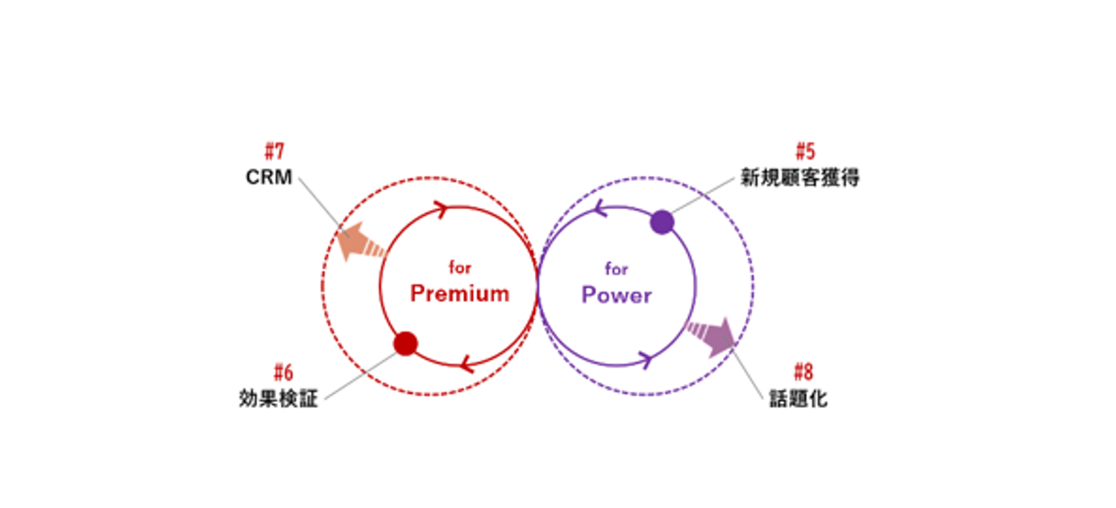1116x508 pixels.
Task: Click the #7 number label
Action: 274,151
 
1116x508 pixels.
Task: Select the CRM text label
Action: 268,177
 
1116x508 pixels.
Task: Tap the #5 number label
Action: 805,151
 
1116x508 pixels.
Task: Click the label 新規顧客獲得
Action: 799,177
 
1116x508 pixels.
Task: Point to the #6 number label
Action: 283,373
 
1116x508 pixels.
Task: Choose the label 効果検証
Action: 278,398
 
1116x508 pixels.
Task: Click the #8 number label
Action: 804,372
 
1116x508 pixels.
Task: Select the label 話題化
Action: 798,398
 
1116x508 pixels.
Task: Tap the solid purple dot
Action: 662,222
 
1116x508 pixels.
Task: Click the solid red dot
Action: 405,343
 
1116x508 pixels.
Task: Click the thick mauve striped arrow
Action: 712,336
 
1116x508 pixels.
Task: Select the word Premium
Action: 460,294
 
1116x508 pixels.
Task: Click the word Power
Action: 617,295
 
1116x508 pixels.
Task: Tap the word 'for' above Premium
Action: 460,267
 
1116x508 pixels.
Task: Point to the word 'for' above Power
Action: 616,269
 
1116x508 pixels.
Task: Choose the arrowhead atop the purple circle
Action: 600,208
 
